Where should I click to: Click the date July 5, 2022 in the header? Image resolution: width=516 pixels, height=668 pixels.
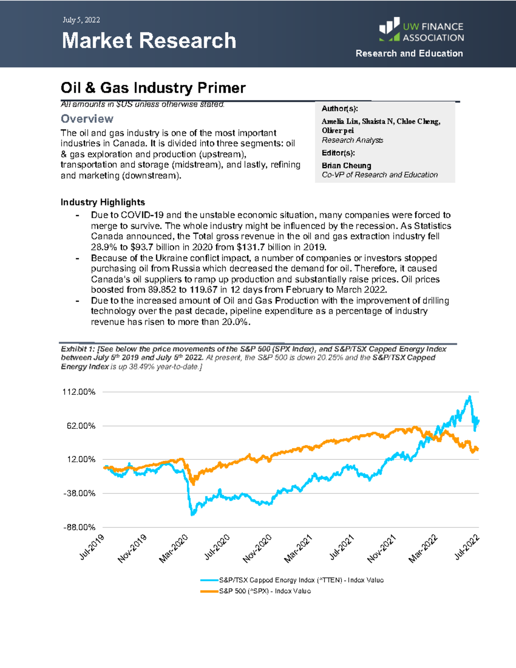click(x=81, y=20)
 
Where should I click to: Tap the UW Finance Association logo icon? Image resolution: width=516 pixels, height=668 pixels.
click(x=390, y=29)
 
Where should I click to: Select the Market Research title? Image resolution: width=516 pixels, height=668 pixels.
click(x=149, y=41)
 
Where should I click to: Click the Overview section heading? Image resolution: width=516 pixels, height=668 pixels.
click(x=87, y=119)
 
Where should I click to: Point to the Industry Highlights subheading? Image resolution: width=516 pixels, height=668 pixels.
click(x=103, y=202)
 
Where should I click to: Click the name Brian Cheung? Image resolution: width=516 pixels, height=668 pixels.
click(x=346, y=166)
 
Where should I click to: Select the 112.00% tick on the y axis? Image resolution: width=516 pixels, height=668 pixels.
click(x=79, y=392)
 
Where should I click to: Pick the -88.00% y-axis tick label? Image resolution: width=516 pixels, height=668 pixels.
click(x=79, y=527)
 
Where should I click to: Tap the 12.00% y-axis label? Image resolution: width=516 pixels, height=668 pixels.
click(x=81, y=459)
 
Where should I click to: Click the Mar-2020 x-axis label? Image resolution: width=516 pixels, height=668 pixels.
click(x=174, y=548)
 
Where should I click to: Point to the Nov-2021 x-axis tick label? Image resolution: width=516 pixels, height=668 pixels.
click(x=381, y=548)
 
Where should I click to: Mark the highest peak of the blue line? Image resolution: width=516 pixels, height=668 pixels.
click(x=470, y=397)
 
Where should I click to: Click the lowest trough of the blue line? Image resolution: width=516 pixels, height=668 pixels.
click(x=192, y=514)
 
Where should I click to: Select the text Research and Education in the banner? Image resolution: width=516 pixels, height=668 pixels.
click(x=409, y=53)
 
